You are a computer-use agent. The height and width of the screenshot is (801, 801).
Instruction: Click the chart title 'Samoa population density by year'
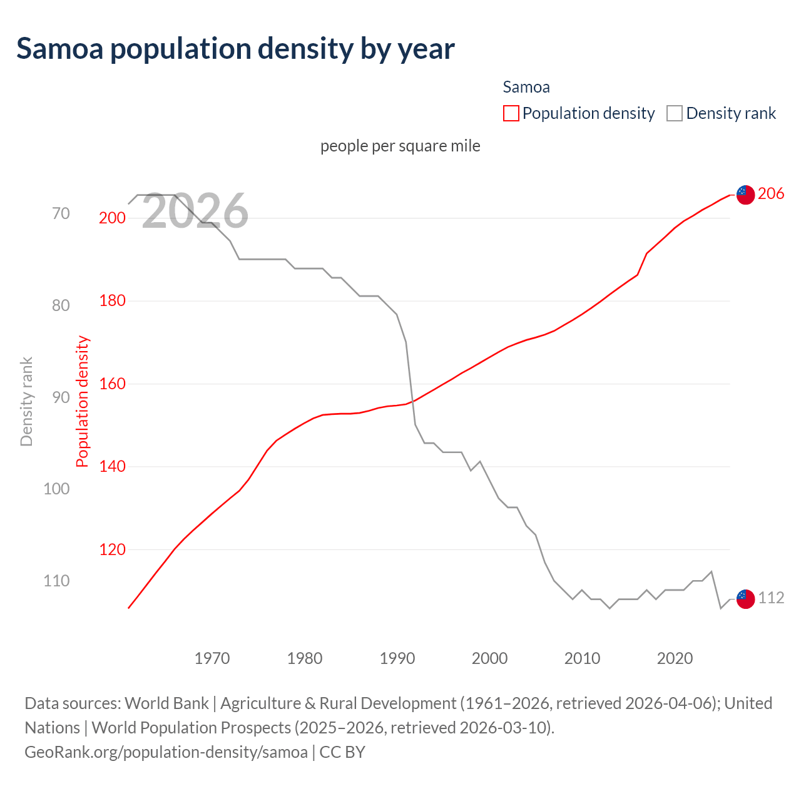click(x=235, y=49)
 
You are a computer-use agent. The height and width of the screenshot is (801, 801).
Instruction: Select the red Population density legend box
click(x=511, y=113)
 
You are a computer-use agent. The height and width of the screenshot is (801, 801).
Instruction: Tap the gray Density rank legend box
click(x=674, y=113)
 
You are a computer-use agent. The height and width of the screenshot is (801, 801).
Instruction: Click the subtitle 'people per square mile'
click(x=400, y=146)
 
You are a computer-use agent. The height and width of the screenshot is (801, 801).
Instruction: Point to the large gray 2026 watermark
click(x=195, y=212)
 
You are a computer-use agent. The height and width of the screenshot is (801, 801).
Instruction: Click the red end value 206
click(x=770, y=194)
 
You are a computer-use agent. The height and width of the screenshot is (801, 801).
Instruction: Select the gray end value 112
click(x=771, y=598)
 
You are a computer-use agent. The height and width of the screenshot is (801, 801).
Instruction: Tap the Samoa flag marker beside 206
click(x=745, y=195)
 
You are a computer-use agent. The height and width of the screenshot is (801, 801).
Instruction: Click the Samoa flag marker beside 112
click(x=745, y=599)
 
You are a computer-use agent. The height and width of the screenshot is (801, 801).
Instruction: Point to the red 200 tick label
click(x=112, y=218)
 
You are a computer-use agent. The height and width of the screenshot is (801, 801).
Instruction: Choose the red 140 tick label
click(x=112, y=466)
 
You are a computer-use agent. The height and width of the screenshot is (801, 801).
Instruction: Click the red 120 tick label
click(x=112, y=549)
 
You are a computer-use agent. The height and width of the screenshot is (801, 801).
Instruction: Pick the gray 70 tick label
click(x=61, y=213)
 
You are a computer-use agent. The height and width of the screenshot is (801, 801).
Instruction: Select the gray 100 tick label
click(x=56, y=489)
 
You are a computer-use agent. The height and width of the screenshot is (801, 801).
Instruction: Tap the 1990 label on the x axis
click(x=397, y=658)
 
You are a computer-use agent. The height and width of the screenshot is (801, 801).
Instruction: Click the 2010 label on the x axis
click(x=582, y=658)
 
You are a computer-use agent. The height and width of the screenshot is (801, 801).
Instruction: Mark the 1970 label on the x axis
click(x=212, y=658)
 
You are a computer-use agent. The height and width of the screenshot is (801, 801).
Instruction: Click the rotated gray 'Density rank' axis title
click(x=26, y=402)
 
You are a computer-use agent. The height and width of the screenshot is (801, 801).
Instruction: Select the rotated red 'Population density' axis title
click(x=83, y=402)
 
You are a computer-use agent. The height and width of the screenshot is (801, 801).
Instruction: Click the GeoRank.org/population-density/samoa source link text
click(x=166, y=752)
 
